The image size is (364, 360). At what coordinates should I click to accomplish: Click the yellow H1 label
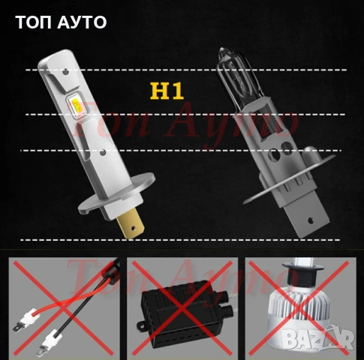(x=167, y=93)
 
